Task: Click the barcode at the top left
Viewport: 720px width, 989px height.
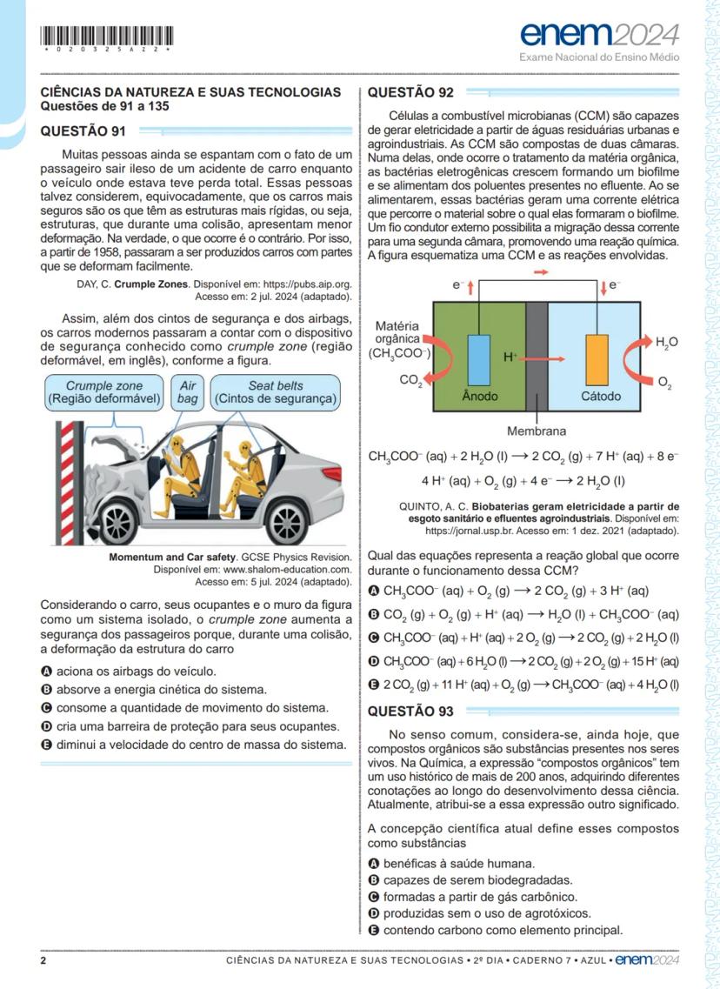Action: pyautogui.click(x=107, y=37)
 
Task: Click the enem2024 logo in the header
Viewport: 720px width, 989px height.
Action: pyautogui.click(x=600, y=35)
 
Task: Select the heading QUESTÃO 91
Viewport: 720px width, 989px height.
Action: pyautogui.click(x=83, y=131)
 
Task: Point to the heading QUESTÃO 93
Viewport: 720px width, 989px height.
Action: pyautogui.click(x=410, y=711)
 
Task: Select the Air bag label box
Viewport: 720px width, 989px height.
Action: pyautogui.click(x=188, y=392)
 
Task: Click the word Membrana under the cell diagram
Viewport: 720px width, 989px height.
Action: pyautogui.click(x=537, y=431)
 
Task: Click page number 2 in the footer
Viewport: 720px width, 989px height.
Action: pyautogui.click(x=43, y=960)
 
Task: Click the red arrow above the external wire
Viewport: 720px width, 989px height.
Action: pyautogui.click(x=541, y=273)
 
